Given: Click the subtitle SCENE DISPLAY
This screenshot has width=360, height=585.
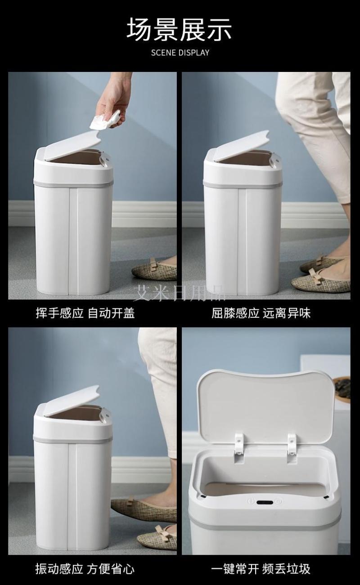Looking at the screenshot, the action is point(180,53).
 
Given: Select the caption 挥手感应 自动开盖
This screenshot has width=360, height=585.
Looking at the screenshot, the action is point(85,313).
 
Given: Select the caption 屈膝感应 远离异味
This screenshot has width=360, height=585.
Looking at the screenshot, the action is point(261,313).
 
